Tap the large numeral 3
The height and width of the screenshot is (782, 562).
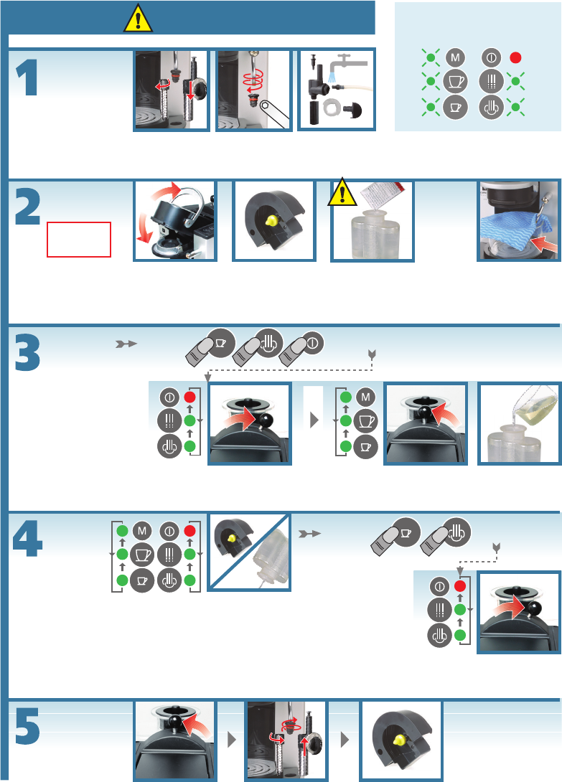27,351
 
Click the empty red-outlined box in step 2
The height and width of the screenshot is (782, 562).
79,239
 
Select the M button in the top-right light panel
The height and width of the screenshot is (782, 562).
454,57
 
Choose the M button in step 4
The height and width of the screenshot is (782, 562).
141,531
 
